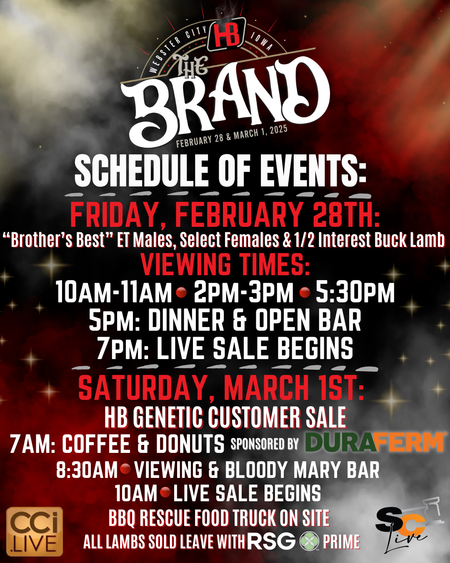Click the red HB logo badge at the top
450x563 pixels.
[x=227, y=34]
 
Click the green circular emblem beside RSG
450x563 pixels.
[x=309, y=541]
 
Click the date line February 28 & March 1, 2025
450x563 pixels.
[x=232, y=136]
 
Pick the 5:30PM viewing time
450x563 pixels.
[x=355, y=292]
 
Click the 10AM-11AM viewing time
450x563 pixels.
[x=114, y=292]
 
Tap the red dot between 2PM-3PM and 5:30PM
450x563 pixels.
[x=305, y=292]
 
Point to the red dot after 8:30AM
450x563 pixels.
[x=125, y=469]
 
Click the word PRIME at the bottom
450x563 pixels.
[x=341, y=542]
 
